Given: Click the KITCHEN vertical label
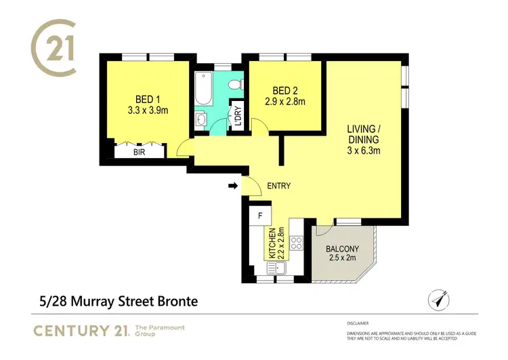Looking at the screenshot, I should click(x=272, y=245).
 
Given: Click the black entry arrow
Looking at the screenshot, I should click(x=233, y=186).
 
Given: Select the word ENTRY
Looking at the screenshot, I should click(x=279, y=186).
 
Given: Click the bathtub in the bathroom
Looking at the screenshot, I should click(x=203, y=89).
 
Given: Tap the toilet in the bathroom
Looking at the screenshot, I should click(x=234, y=85).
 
